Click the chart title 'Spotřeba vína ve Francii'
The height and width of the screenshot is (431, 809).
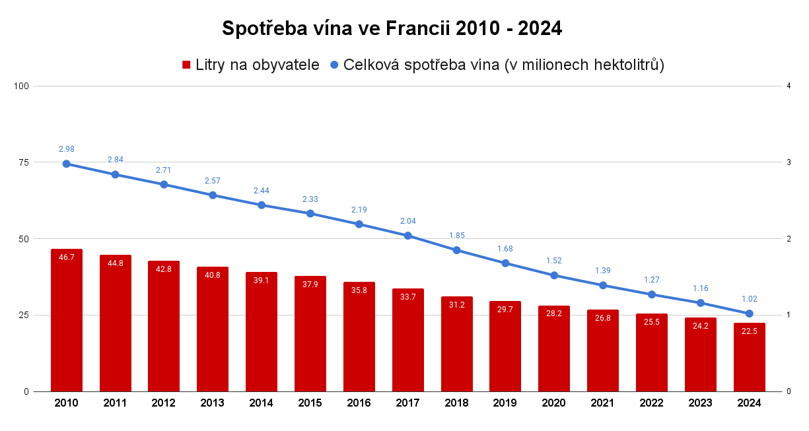point(392,28)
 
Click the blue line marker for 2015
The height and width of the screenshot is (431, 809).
point(310,213)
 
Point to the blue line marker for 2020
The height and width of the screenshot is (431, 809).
point(554,275)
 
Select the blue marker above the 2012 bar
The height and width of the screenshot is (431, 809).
point(164,184)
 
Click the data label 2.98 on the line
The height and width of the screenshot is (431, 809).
point(67,149)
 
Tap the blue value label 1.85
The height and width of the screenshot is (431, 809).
point(457,235)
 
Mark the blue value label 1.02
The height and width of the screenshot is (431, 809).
point(750,298)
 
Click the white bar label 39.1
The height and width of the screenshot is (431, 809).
point(262,281)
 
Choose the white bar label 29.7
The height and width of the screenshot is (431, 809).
point(505,310)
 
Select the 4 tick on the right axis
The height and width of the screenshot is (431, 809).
point(789,86)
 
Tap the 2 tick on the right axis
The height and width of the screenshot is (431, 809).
point(789,239)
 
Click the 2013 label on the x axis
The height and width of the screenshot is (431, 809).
point(213,403)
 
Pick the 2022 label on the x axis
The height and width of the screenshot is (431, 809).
point(652,403)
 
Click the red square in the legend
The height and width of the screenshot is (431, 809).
point(186,65)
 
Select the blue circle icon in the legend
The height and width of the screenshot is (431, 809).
point(334,65)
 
